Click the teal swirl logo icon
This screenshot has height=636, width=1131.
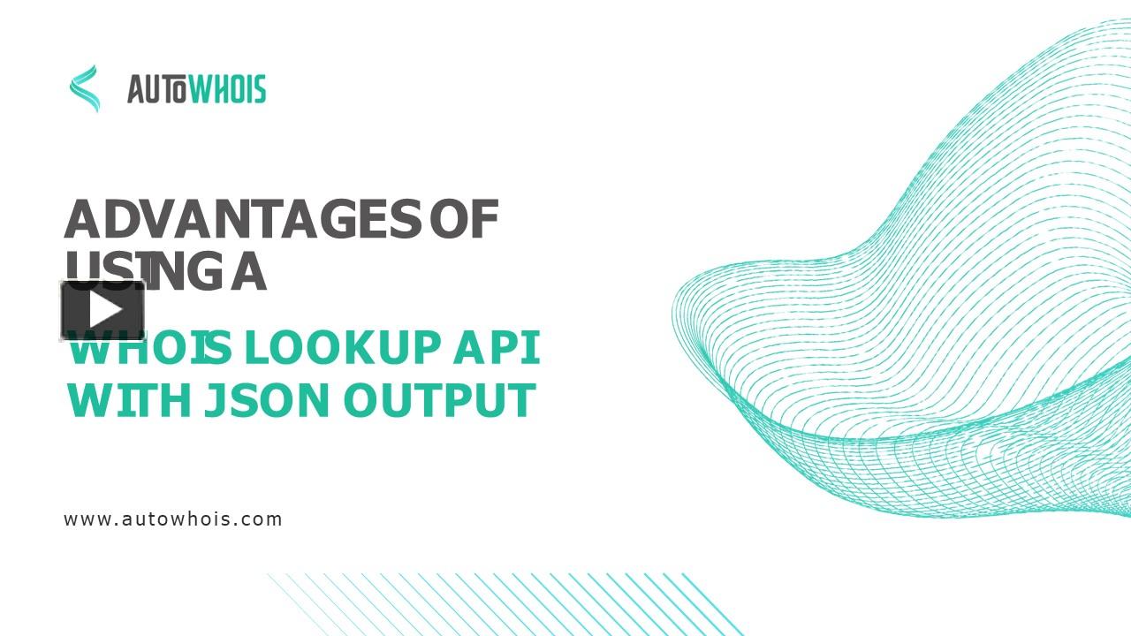(x=85, y=88)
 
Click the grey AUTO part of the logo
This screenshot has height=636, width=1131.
(x=156, y=89)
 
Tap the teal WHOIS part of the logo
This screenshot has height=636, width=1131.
(x=226, y=89)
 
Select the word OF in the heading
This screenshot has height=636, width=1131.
(x=465, y=220)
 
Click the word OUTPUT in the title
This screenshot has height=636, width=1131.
(x=439, y=400)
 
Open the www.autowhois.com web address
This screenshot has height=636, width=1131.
(x=173, y=519)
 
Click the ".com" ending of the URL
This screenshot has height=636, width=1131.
(x=261, y=519)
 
